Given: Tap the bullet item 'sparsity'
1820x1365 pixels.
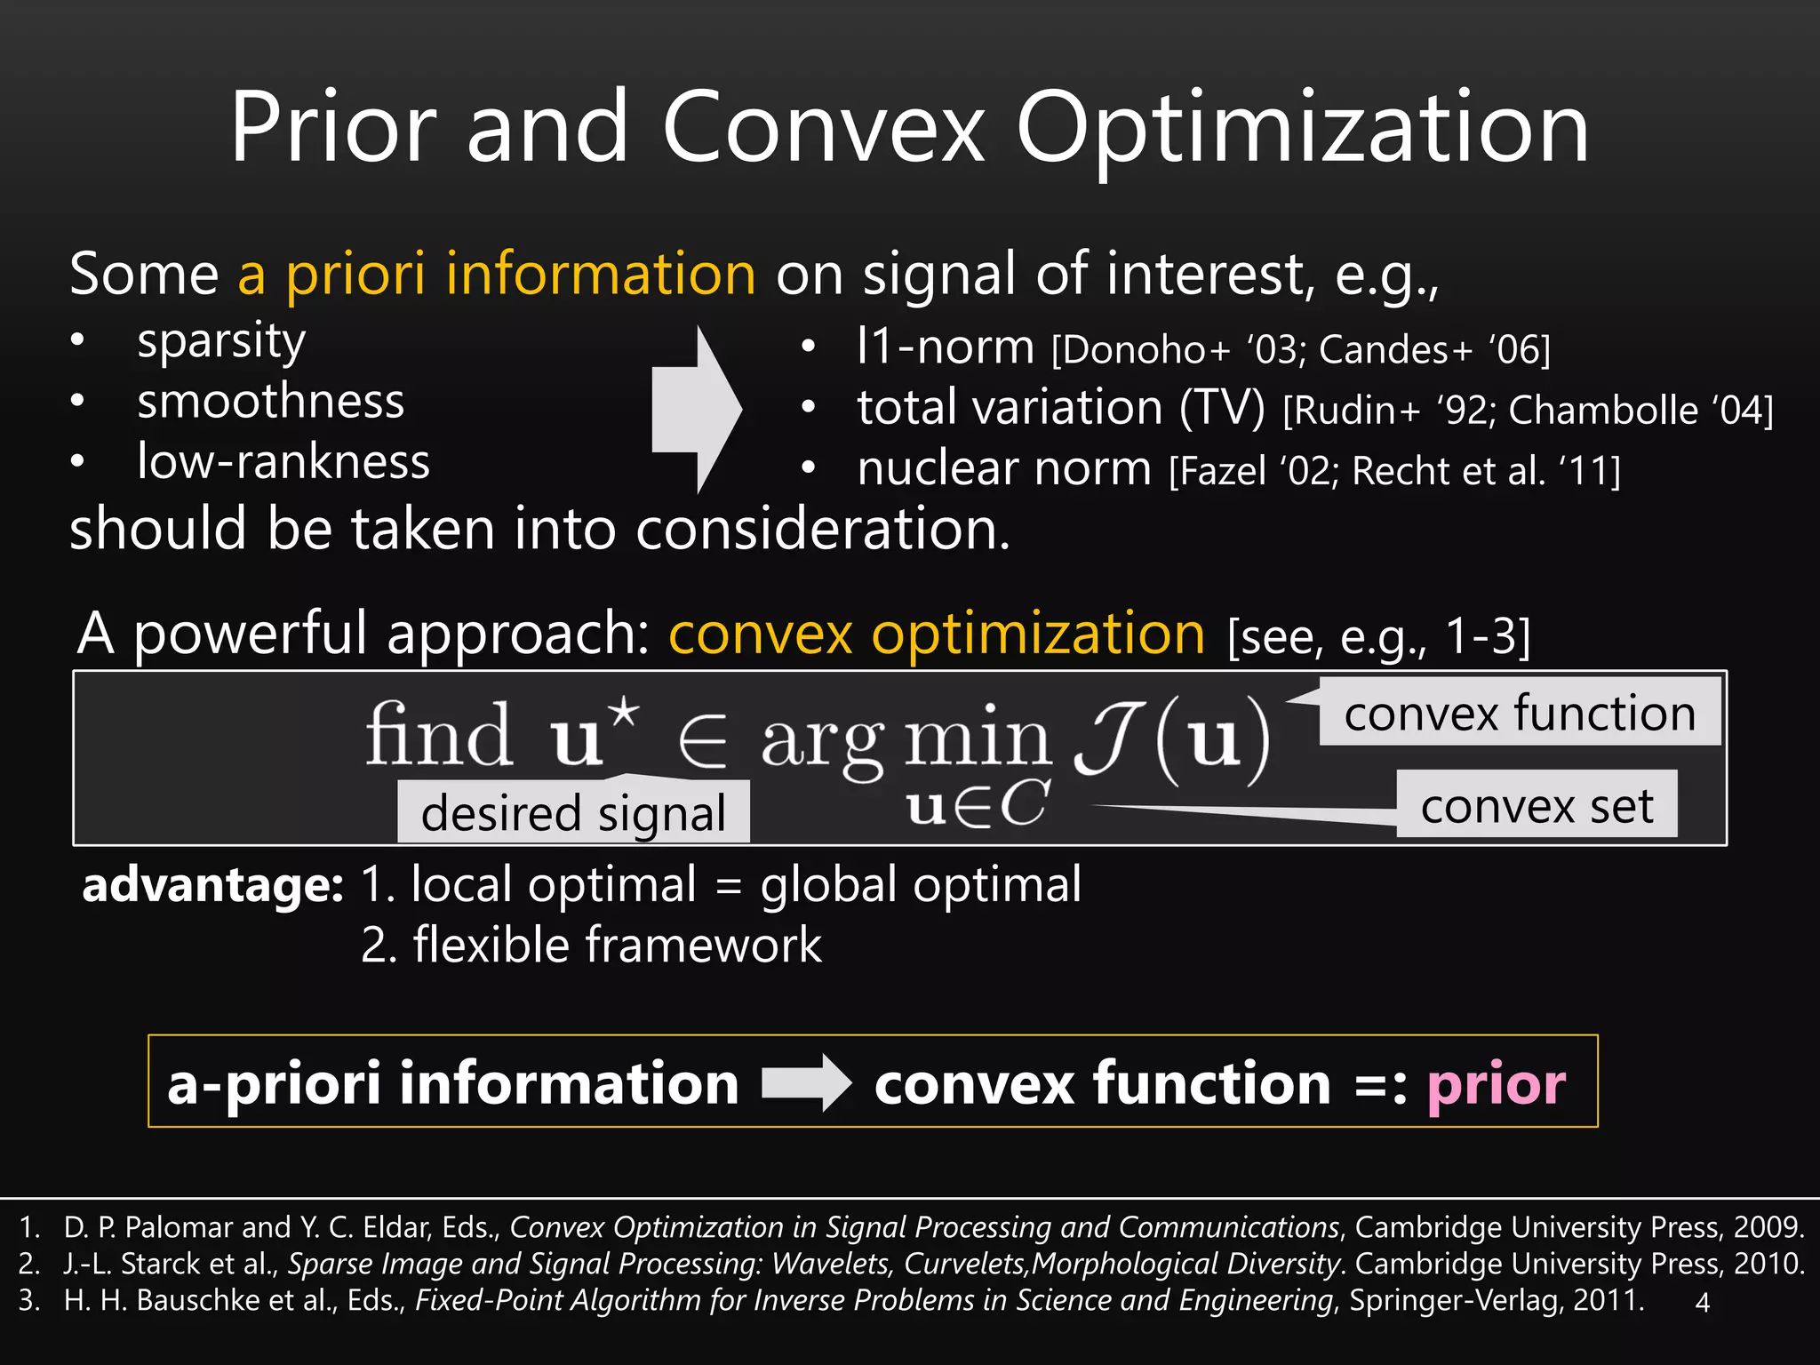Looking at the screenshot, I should pyautogui.click(x=220, y=342).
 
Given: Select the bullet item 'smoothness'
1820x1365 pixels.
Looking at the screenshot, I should pyautogui.click(x=270, y=402).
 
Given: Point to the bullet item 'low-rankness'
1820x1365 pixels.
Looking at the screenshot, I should pyautogui.click(x=283, y=462).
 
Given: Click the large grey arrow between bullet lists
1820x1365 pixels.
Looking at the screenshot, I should pyautogui.click(x=696, y=409).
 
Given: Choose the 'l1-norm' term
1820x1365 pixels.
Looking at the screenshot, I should pyautogui.click(x=945, y=347).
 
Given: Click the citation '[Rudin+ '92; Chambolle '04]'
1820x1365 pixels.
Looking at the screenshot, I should pyautogui.click(x=1528, y=411).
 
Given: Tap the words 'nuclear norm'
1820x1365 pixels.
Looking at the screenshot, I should pyautogui.click(x=1004, y=468).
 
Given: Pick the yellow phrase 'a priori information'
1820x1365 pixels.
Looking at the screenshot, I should pyautogui.click(x=497, y=274).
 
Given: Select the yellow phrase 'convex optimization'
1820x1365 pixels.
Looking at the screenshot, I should pyautogui.click(x=937, y=635).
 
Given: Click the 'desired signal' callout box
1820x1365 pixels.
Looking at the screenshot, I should pyautogui.click(x=573, y=812).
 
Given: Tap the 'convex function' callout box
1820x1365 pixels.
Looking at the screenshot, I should pyautogui.click(x=1519, y=713).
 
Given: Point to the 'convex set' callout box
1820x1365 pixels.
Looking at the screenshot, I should pyautogui.click(x=1537, y=805).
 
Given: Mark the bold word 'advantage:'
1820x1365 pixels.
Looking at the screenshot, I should pyautogui.click(x=212, y=885).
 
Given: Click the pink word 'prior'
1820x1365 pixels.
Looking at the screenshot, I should pyautogui.click(x=1496, y=1083).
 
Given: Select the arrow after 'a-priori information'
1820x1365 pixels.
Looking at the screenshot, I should pyautogui.click(x=806, y=1082).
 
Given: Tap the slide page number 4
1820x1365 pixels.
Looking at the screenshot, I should pyautogui.click(x=1702, y=1303).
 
